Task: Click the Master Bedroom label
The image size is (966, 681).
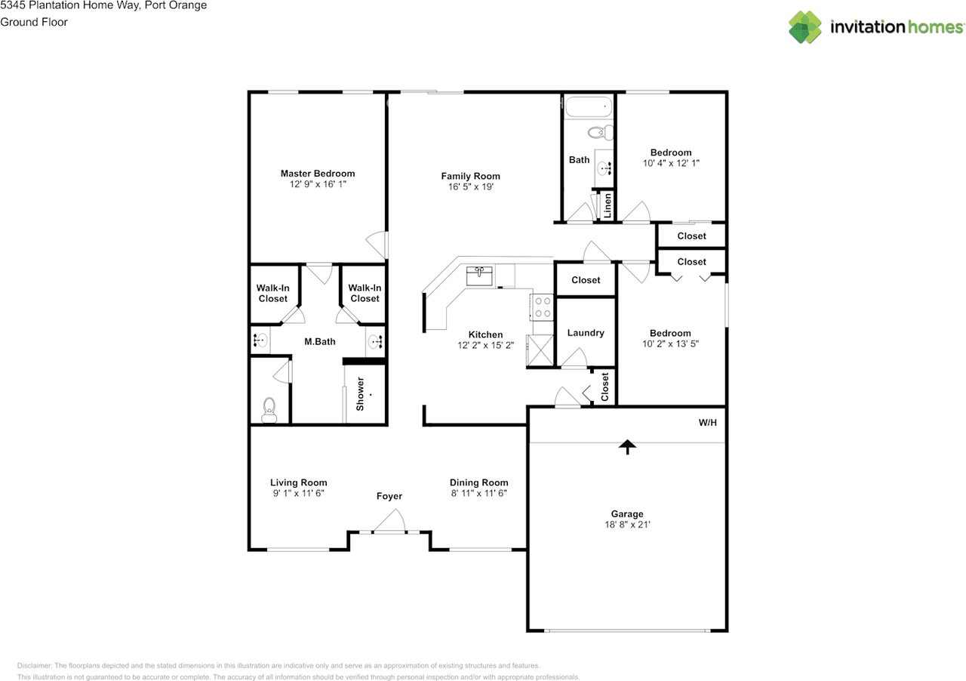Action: (317, 174)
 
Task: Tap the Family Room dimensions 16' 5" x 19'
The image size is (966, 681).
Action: (470, 187)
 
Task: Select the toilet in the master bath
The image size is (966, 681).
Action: (269, 411)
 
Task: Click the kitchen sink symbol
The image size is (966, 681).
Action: (479, 276)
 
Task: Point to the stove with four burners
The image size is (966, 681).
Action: (543, 307)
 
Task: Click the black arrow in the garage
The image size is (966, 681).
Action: (626, 447)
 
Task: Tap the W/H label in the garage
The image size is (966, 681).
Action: (707, 424)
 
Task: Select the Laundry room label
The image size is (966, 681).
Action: (586, 333)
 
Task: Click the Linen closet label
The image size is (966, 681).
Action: (608, 206)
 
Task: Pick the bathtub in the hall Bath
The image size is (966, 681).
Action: (589, 106)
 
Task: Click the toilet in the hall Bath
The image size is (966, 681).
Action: (601, 134)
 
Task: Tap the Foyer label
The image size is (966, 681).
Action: (389, 496)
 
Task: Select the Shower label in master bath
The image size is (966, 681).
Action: (361, 393)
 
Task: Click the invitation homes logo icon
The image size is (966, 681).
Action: (805, 27)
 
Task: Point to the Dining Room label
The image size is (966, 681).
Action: (478, 482)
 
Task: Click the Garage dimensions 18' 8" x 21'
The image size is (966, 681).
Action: (627, 525)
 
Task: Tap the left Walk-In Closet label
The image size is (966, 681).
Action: (272, 293)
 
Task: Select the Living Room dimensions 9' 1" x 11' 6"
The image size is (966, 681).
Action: (298, 493)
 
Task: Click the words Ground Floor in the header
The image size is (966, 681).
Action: (34, 22)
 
